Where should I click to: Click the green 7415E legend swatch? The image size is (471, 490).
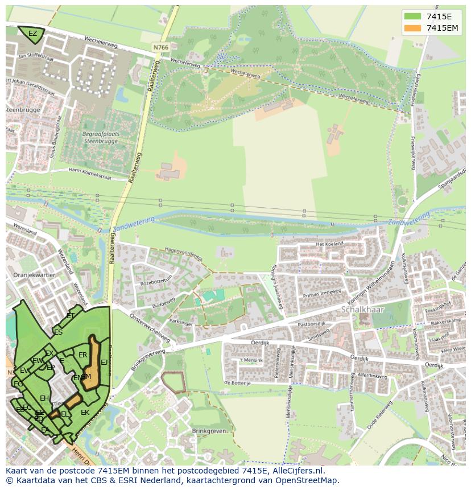(412, 17)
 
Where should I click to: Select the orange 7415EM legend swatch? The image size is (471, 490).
(412, 28)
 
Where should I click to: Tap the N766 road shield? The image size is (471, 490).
(160, 47)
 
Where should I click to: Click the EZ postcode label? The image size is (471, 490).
(32, 34)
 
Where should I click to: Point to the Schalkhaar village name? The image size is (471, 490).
(363, 310)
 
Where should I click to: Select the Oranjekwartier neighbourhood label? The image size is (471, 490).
(34, 274)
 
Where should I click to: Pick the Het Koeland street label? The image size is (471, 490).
(329, 244)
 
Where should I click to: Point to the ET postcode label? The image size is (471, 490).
(71, 315)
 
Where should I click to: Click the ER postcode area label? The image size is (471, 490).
(82, 355)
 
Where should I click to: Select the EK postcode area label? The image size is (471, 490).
(85, 413)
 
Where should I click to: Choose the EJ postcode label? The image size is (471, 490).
(104, 362)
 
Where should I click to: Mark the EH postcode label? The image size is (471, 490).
(44, 398)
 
